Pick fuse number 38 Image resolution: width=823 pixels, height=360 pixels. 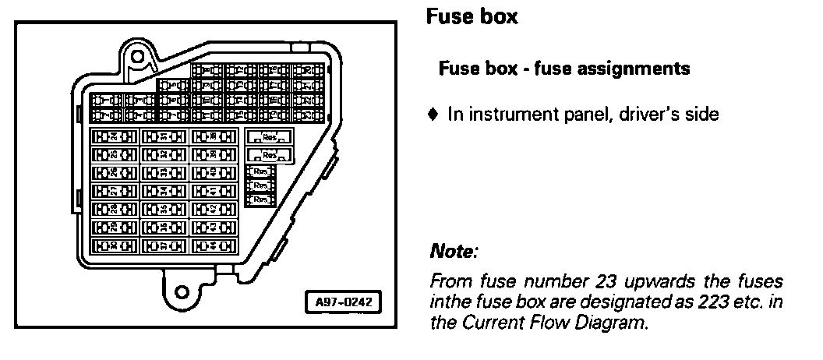pyautogui.click(x=213, y=136)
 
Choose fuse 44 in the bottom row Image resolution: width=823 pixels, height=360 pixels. pyautogui.click(x=213, y=246)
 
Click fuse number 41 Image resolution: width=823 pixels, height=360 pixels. pyautogui.click(x=213, y=191)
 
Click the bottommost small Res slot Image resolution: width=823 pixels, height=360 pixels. pyautogui.click(x=260, y=200)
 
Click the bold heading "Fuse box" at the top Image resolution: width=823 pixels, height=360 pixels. pyautogui.click(x=472, y=17)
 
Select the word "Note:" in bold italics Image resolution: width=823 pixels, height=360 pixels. pyautogui.click(x=453, y=253)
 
